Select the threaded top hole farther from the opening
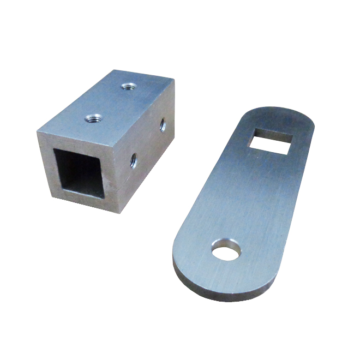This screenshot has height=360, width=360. point(129,86)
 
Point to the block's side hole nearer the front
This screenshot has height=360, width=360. point(133,160)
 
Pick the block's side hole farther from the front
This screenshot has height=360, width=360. point(163,125)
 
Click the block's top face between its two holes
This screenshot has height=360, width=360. point(111,101)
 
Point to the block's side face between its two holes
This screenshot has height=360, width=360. point(147,143)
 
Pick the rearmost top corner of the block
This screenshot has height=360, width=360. point(173,80)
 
